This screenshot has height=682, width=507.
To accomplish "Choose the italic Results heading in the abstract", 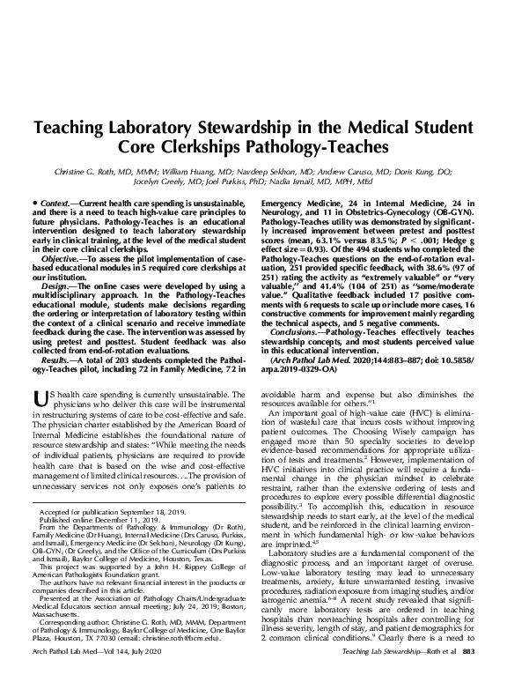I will [57, 361].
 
